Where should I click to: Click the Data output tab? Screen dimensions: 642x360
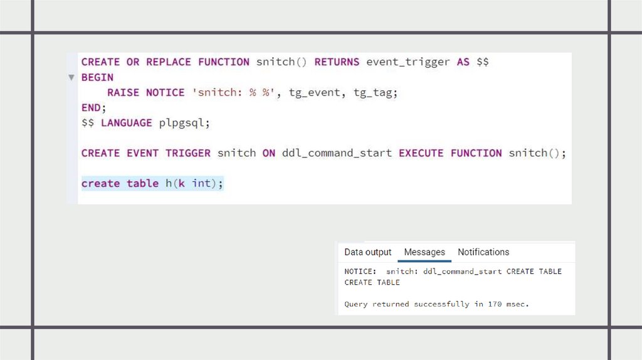point(367,252)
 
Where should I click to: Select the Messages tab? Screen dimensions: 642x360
point(424,252)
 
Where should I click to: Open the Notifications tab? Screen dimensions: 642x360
point(483,252)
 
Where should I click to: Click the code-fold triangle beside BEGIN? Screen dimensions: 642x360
point(71,78)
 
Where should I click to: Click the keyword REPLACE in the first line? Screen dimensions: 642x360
point(169,62)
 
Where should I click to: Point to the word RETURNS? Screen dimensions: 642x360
point(337,62)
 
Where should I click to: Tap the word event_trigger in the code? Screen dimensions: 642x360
point(408,62)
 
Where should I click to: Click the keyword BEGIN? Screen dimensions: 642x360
point(97,77)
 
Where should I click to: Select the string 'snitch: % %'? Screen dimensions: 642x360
point(234,93)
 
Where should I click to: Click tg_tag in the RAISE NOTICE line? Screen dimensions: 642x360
point(376,93)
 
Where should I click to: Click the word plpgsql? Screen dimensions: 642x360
point(184,123)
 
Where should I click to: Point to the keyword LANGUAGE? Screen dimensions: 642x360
point(127,123)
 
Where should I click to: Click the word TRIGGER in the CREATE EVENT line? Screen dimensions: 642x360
point(188,153)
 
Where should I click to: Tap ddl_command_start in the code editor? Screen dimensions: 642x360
point(337,153)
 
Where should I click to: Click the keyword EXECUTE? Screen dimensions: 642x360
point(421,153)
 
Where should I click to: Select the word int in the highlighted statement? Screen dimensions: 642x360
point(201,184)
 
